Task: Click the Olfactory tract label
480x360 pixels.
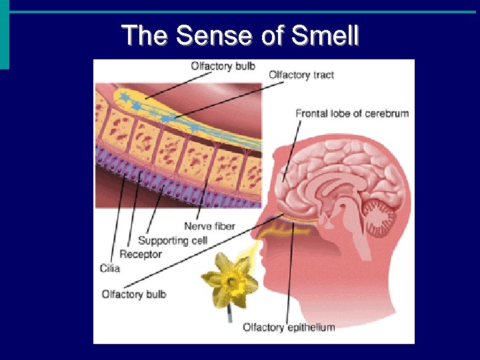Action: click(x=301, y=75)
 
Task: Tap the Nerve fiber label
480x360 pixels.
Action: click(x=209, y=227)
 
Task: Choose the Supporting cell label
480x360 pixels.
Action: click(x=173, y=240)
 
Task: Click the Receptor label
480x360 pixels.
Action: click(x=141, y=254)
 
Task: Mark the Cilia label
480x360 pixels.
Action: click(x=111, y=268)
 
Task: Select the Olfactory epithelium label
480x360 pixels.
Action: click(x=289, y=327)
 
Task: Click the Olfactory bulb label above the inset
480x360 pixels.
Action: click(x=223, y=66)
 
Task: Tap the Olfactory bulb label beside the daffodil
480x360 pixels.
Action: click(x=134, y=294)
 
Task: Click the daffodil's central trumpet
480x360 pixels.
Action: click(x=231, y=282)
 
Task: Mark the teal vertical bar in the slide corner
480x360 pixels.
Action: click(x=5, y=33)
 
